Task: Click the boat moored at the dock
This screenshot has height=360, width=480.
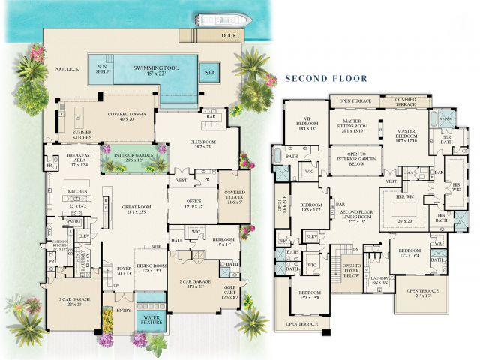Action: (x=214, y=19)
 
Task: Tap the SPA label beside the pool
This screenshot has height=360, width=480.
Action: (x=209, y=73)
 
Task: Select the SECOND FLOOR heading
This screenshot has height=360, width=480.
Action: (x=323, y=77)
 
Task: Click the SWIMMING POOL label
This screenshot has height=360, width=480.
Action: (x=156, y=70)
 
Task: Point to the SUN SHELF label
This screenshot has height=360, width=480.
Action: (x=102, y=70)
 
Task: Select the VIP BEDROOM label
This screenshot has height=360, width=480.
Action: (x=307, y=126)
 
